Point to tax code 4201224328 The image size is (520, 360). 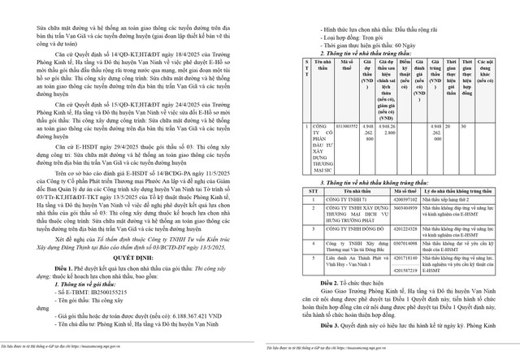pyautogui.click(x=406, y=230)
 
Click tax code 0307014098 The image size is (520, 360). pyautogui.click(x=406, y=243)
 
